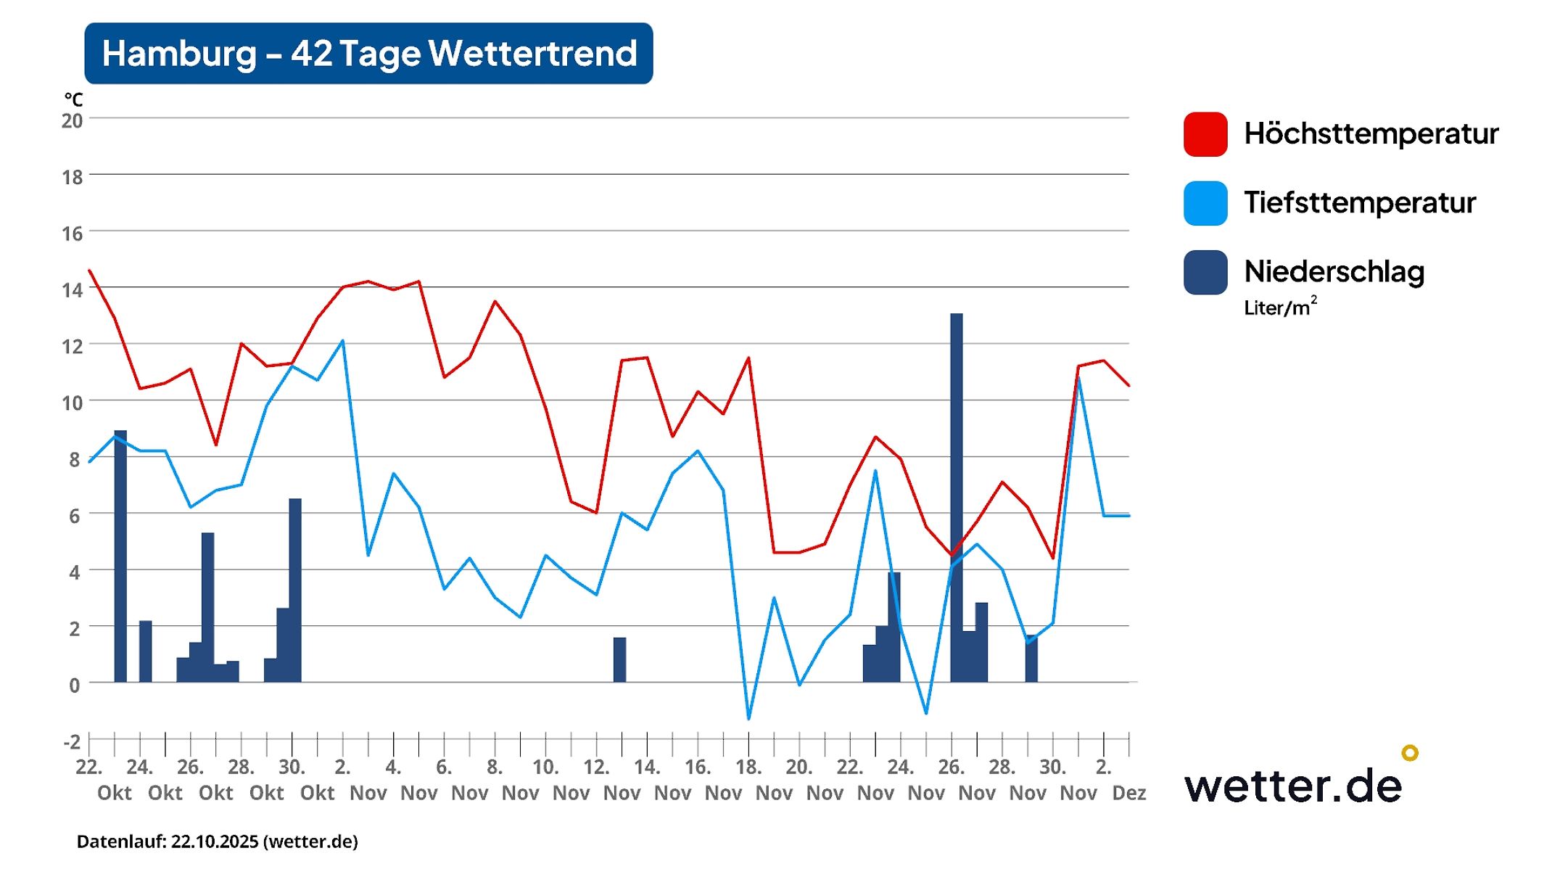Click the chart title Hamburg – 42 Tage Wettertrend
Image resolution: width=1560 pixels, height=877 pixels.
(368, 54)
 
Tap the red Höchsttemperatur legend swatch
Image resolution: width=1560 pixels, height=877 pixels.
(1205, 134)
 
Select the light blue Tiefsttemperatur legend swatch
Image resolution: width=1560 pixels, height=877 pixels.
(1205, 203)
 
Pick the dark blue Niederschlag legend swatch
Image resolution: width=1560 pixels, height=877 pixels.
(1205, 272)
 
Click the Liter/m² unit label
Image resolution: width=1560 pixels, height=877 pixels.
(1279, 308)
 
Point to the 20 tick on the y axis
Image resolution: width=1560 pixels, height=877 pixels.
(72, 120)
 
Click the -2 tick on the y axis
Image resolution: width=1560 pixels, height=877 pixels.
(72, 742)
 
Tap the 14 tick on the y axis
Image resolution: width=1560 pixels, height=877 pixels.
(72, 290)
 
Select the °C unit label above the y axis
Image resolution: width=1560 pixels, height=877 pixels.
(73, 99)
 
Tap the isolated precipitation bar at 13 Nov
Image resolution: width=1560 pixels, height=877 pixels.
(619, 659)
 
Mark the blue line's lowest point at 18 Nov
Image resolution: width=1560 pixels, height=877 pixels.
(748, 718)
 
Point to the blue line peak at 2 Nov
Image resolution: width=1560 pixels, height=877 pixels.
(342, 341)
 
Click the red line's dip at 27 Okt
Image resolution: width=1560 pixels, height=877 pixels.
(216, 444)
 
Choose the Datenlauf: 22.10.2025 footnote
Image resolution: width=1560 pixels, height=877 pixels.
(218, 841)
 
